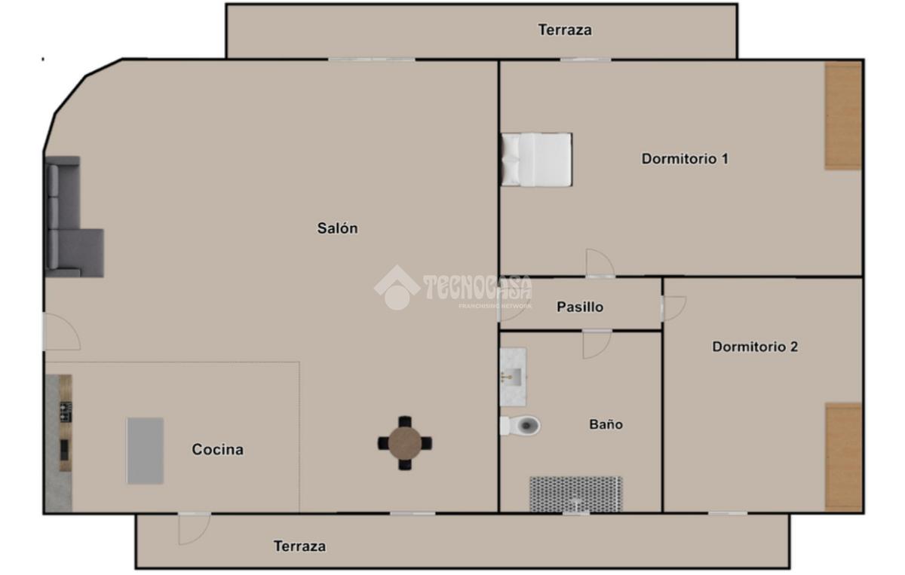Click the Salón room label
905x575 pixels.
[x=337, y=228]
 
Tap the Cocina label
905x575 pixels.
[x=218, y=449]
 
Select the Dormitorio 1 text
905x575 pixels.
[x=685, y=159]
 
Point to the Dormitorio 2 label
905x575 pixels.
[x=755, y=347]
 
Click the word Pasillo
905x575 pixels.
[x=580, y=307]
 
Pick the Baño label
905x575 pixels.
[x=606, y=424]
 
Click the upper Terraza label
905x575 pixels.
[x=565, y=30]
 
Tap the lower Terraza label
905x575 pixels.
[x=300, y=546]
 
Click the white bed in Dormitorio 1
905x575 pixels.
[x=536, y=160]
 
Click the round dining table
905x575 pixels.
[x=405, y=443]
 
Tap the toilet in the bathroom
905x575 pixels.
[x=520, y=426]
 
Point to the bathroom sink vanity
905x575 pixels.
[x=513, y=377]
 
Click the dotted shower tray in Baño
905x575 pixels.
[x=575, y=494]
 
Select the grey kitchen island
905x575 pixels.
[x=146, y=451]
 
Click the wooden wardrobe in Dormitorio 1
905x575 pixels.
[x=843, y=116]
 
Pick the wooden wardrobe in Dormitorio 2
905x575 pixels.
[x=843, y=457]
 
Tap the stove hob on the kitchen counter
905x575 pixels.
[x=66, y=412]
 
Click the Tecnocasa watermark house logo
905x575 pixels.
[x=397, y=288]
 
